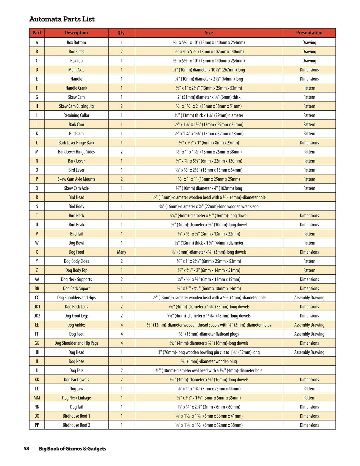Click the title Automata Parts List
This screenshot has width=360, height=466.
click(x=62, y=19)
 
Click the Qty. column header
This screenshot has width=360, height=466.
click(x=121, y=33)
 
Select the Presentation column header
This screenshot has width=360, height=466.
click(x=309, y=33)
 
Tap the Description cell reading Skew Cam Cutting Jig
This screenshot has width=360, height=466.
click(x=76, y=106)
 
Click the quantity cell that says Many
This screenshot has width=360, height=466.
click(x=121, y=252)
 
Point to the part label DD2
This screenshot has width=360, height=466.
click(x=37, y=316)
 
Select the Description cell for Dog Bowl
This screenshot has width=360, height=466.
click(x=76, y=243)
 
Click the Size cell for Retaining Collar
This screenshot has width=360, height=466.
click(x=209, y=115)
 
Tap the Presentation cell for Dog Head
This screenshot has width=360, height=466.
click(x=309, y=352)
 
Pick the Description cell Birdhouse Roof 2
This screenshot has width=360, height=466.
click(x=76, y=425)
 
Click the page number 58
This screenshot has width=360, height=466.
click(x=26, y=448)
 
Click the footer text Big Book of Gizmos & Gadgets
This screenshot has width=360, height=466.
click(x=72, y=449)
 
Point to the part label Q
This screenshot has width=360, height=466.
click(x=37, y=188)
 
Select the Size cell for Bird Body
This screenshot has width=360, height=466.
click(x=209, y=206)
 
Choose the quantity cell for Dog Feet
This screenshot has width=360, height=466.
click(x=121, y=334)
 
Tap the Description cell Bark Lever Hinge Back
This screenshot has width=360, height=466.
click(x=76, y=143)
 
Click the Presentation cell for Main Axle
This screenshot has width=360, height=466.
click(x=309, y=70)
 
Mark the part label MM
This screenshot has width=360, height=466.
click(x=37, y=398)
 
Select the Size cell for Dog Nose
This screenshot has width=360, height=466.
click(x=209, y=362)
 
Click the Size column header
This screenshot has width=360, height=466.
click(x=209, y=33)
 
